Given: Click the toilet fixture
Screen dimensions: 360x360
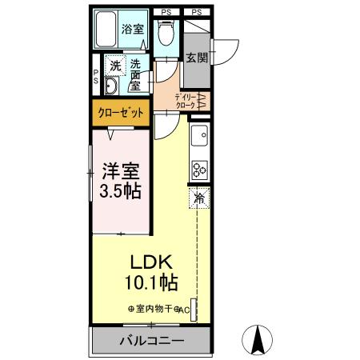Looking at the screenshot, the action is (166, 33).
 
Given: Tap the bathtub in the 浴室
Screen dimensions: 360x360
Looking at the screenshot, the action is (106, 29).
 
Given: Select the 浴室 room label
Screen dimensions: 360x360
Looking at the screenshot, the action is (133, 29).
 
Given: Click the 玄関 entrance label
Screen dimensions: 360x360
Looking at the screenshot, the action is (197, 58).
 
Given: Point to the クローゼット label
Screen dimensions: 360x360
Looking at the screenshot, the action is (121, 113).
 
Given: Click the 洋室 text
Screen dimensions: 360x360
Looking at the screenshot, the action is (122, 171).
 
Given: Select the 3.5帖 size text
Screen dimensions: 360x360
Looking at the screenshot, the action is (120, 191).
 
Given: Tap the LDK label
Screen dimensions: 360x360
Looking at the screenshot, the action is (151, 262).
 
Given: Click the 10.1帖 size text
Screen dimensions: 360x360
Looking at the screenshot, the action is (151, 282).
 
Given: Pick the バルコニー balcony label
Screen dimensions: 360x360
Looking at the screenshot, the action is (152, 341).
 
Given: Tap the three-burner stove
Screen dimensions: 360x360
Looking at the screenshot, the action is (199, 170).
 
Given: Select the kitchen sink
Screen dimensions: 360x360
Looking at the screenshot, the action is (199, 135).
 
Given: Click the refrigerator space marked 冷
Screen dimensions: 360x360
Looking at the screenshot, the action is (199, 198).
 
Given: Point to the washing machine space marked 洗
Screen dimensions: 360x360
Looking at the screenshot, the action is (115, 65).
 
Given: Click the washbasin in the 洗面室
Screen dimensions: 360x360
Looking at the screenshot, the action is (111, 86).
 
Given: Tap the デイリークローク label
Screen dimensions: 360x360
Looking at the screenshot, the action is (185, 101).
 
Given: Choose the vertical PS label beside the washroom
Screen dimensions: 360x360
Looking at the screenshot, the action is (96, 77).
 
